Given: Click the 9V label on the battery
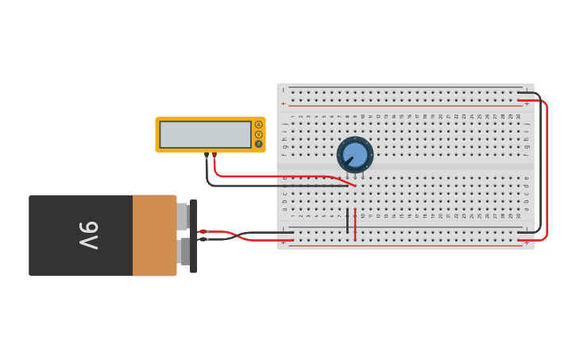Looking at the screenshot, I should coord(88,235).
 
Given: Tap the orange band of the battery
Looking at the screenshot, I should coord(154,235).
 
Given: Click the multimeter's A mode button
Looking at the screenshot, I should coord(258,125).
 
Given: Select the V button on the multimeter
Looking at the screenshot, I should coord(258,134).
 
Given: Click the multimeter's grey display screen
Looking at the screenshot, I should coord(205,134).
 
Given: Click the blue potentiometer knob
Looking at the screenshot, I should coord(355,154).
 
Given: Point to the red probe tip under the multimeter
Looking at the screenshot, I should coord(214,155).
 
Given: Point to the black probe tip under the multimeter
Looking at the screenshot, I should coord(207,155).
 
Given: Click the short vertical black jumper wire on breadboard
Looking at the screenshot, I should coord(347,222).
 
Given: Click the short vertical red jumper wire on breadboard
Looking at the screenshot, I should coord(355,225).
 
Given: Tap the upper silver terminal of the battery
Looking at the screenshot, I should coord(182,216).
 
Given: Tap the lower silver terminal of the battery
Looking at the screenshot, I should coord(184,252).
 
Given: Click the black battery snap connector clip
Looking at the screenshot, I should coord(193,236).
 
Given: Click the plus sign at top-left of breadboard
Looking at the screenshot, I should coord(283,103).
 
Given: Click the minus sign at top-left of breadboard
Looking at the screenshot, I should coord(283,91).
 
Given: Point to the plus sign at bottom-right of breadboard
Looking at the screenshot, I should coord(526,243).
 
